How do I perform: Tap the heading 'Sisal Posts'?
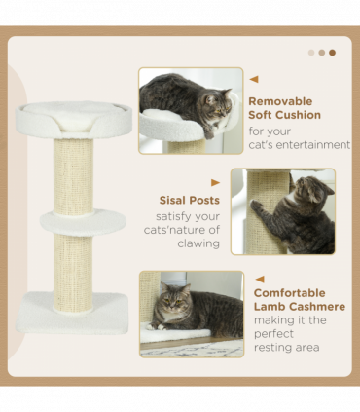189,200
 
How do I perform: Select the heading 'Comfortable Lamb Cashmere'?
299,299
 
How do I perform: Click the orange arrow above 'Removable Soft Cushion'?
254,80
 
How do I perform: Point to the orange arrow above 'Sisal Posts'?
215,182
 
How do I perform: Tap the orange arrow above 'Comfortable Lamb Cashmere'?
259,279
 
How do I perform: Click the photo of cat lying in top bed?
190,110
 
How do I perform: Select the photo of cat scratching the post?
282,211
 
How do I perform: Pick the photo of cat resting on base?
191,314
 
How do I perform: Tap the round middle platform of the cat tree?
83,221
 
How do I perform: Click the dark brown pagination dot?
332,53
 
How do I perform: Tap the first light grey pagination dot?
311,53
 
